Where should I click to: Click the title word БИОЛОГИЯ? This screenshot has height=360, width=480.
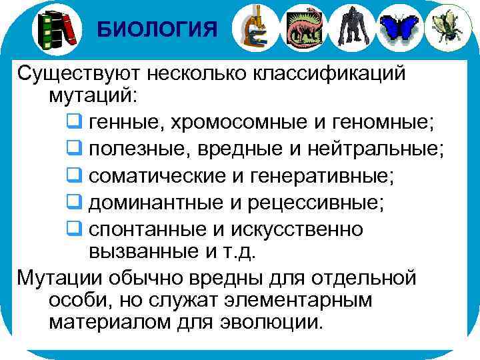click(x=157, y=29)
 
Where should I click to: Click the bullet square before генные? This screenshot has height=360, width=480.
click(x=74, y=122)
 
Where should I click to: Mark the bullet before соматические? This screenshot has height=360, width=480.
click(x=74, y=175)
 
